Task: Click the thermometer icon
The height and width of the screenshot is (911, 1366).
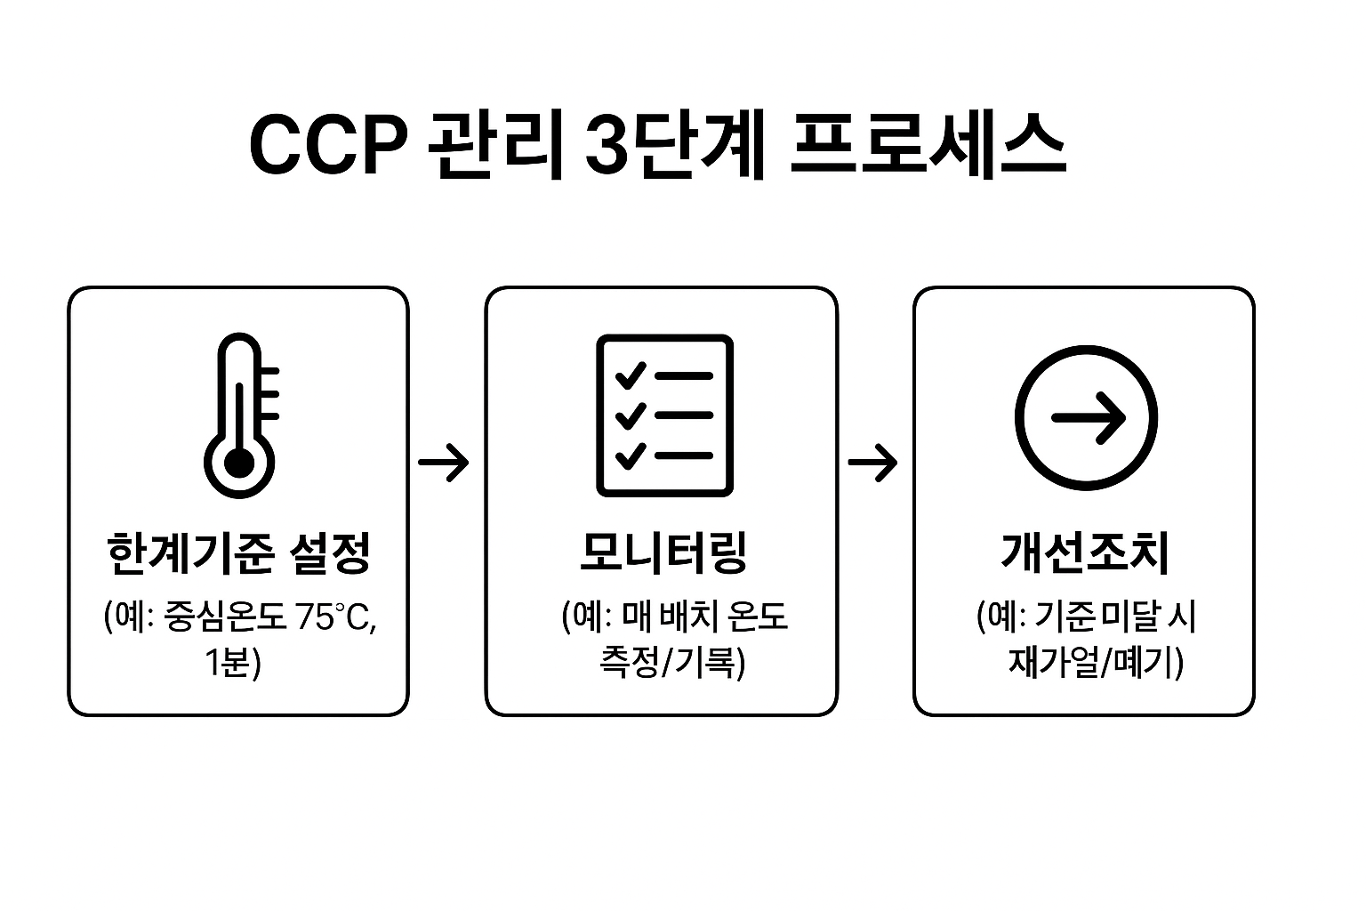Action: tap(240, 415)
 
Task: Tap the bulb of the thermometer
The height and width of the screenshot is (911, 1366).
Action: tap(238, 463)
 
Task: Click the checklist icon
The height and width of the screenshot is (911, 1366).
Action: tap(664, 415)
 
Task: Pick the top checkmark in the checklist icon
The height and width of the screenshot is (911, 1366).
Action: tap(631, 375)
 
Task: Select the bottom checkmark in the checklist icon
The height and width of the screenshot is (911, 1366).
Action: tap(631, 455)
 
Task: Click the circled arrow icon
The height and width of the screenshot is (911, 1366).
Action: tap(1086, 416)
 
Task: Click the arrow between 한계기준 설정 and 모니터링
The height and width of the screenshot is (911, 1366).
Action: tap(444, 462)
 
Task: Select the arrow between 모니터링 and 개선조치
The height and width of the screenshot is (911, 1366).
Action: tap(872, 462)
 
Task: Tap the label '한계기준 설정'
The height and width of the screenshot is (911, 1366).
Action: tap(237, 553)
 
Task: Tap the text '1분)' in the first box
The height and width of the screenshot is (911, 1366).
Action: tap(233, 662)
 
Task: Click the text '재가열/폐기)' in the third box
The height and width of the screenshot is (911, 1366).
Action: tap(1096, 662)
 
